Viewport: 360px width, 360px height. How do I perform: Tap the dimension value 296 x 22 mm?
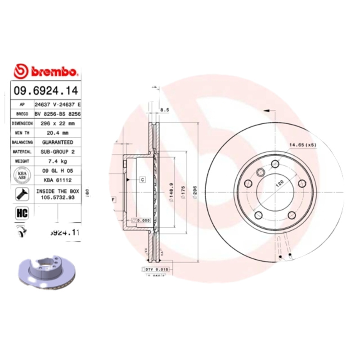pyautogui.click(x=58, y=122)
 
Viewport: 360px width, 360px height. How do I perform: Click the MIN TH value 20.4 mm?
pyautogui.click(x=58, y=133)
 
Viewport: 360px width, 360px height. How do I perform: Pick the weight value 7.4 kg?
pyautogui.click(x=58, y=161)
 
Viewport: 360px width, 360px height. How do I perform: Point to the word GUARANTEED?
pyautogui.click(x=58, y=142)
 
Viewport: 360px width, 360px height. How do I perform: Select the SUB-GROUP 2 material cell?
pyautogui.click(x=58, y=152)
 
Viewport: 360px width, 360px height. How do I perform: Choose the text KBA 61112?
pyautogui.click(x=58, y=179)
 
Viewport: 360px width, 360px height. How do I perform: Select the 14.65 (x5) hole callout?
pyautogui.click(x=303, y=145)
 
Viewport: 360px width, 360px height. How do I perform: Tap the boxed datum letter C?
pyautogui.click(x=142, y=180)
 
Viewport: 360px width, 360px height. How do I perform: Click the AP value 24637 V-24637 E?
pyautogui.click(x=58, y=104)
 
